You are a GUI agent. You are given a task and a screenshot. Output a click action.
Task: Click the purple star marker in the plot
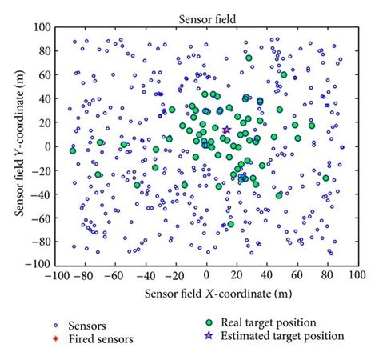[x=226, y=130]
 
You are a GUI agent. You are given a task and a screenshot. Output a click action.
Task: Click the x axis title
[x=206, y=293]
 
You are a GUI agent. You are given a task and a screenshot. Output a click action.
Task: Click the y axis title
[x=16, y=146]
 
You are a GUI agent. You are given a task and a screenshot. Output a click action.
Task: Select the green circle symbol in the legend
[x=209, y=322]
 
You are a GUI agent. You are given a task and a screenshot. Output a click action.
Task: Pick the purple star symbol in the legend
[x=209, y=336]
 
